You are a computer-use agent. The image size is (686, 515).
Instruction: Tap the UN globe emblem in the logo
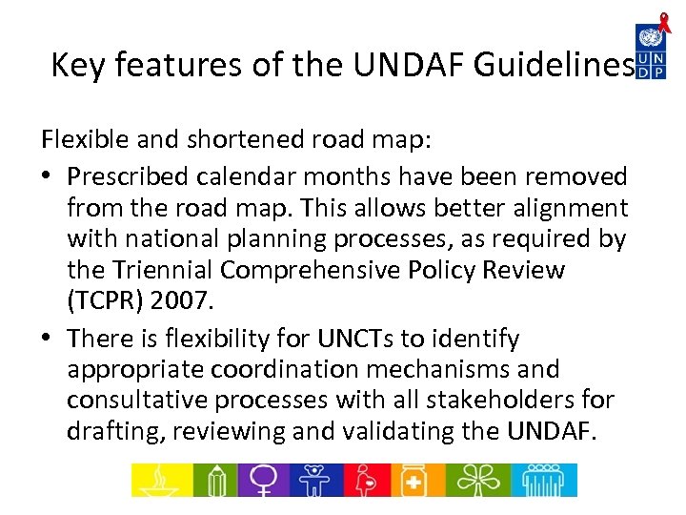651,38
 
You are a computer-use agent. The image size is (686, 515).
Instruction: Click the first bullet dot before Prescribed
48,177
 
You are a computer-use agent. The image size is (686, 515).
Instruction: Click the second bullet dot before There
48,340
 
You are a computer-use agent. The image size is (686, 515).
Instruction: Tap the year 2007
187,301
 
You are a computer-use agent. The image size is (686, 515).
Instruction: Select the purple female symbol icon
261,480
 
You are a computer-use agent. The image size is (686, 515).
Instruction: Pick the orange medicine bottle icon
414,480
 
